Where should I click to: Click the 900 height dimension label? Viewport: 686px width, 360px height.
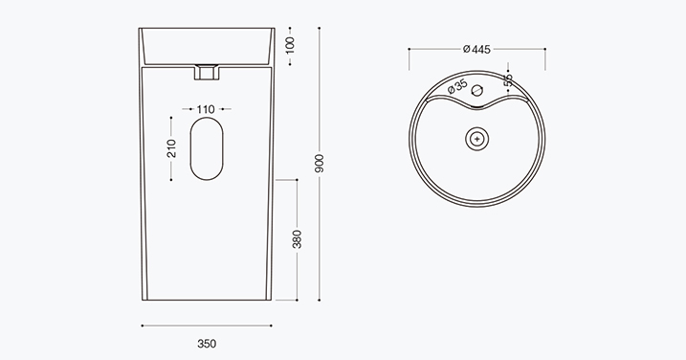pos(320,163)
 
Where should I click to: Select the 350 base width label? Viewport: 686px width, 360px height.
pos(207,344)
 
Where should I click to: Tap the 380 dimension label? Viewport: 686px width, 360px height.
pos(297,239)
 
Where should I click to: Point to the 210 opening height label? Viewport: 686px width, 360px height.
pos(171,148)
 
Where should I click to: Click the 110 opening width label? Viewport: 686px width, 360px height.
pos(206,109)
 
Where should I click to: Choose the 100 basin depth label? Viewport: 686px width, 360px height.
pos(290,46)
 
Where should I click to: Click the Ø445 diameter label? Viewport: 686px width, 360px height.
pos(476,49)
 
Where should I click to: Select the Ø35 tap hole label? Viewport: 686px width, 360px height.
pos(457,86)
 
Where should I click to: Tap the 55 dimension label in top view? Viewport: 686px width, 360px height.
pos(508,80)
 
